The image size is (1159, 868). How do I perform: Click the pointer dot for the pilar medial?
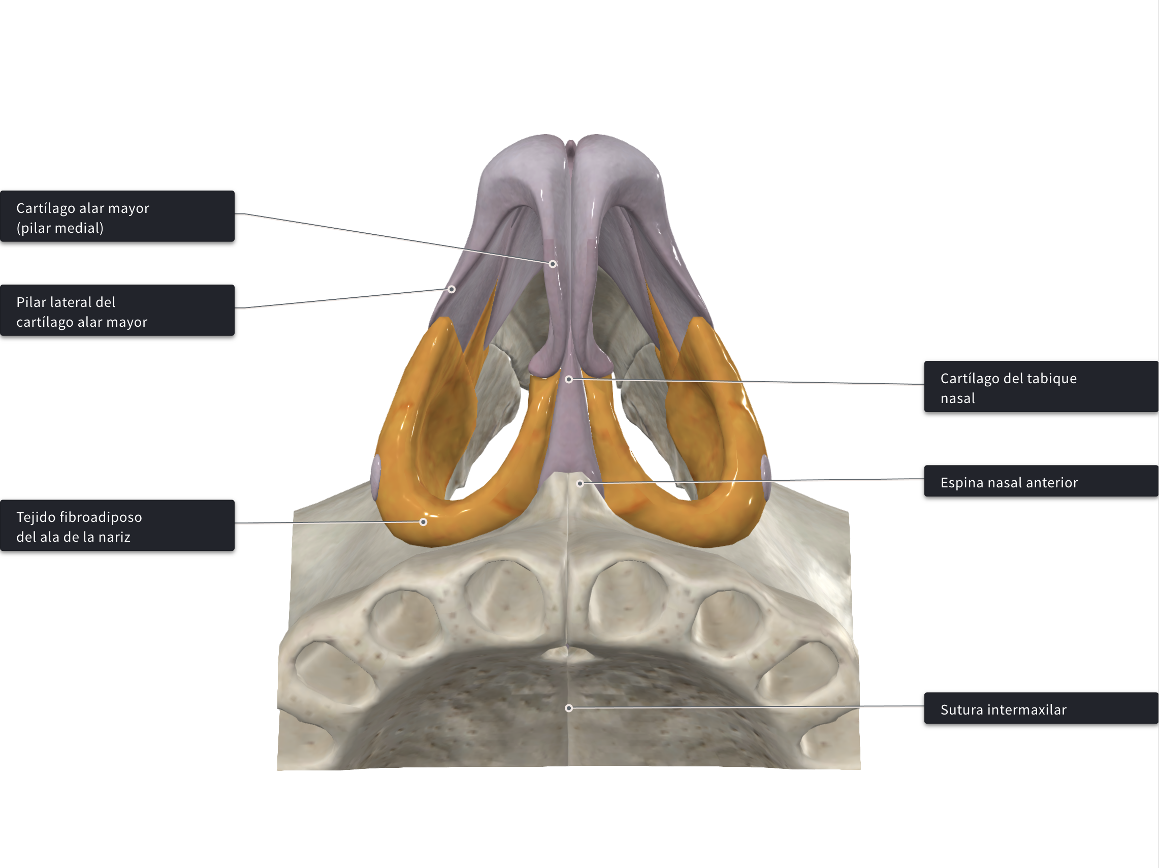click(x=553, y=264)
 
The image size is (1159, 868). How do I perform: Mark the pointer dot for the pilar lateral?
click(x=452, y=289)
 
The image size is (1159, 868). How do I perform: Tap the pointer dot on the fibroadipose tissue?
click(x=424, y=522)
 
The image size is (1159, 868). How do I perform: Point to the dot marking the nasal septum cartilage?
click(x=569, y=380)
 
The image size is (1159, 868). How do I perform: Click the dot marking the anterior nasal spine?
click(x=580, y=484)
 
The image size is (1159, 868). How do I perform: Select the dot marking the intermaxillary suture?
click(x=569, y=708)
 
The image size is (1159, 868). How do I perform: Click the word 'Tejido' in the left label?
click(x=35, y=517)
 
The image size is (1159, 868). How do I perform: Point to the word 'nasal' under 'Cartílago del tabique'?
click(x=958, y=398)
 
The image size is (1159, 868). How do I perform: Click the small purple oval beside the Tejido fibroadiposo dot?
click(x=376, y=478)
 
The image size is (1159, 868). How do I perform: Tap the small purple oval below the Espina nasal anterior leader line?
click(x=765, y=478)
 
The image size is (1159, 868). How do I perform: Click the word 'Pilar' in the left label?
click(x=31, y=302)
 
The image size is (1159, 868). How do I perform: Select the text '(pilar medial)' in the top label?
click(x=60, y=229)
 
